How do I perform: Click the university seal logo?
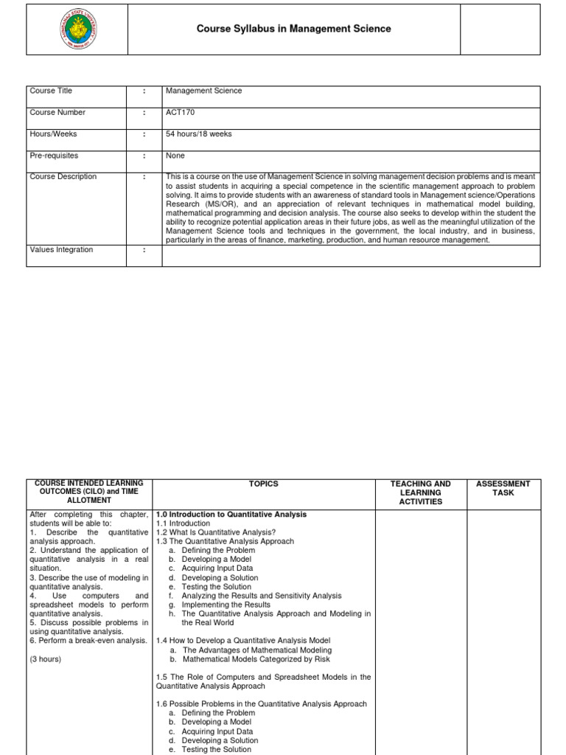[x=77, y=29]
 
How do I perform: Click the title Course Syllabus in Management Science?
[x=293, y=29]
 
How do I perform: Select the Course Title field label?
[x=51, y=91]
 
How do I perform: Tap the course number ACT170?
[x=181, y=113]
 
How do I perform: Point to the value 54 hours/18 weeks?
[x=199, y=134]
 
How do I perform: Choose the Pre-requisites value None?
[x=175, y=156]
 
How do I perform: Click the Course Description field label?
[x=63, y=177]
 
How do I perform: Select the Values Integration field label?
[x=61, y=250]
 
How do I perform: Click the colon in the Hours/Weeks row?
[x=144, y=134]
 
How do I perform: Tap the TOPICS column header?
[x=264, y=484]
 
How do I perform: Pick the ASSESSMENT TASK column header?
[x=503, y=489]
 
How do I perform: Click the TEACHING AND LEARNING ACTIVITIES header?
[x=420, y=493]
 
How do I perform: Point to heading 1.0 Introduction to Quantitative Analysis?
[x=231, y=515]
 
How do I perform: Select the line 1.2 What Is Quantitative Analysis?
[x=216, y=532]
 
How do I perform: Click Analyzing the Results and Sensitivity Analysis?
[x=262, y=596]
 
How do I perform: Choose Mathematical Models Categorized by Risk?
[x=256, y=659]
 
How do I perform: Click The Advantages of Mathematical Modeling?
[x=257, y=650]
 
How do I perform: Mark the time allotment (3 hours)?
[x=46, y=659]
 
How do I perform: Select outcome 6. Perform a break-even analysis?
[x=88, y=641]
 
